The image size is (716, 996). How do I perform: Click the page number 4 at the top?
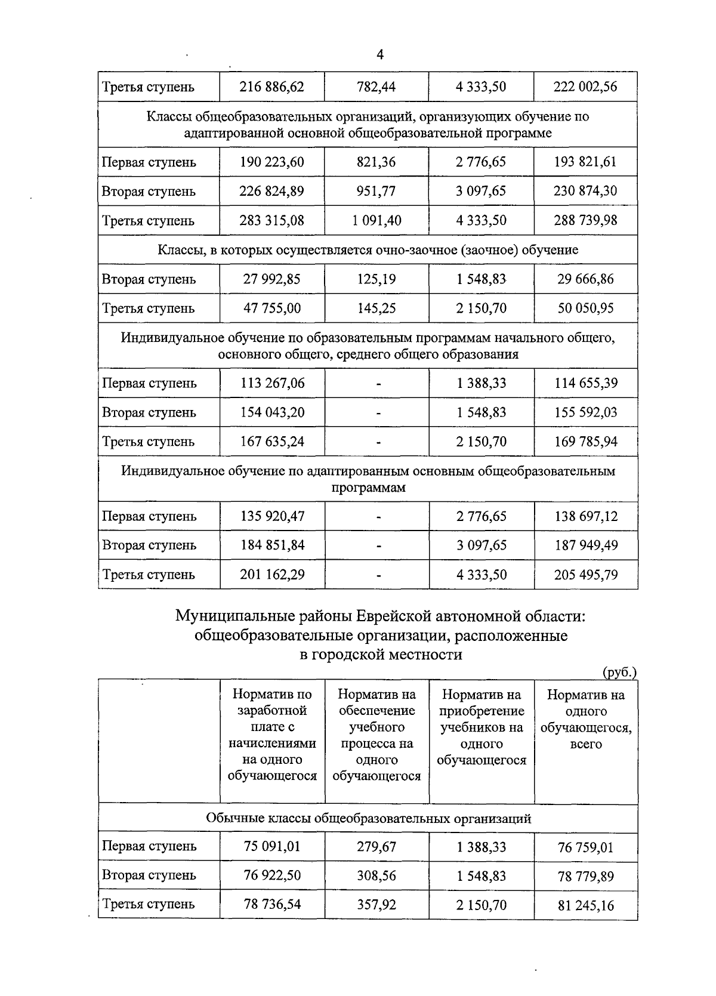tap(380, 55)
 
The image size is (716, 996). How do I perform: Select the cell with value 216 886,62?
tap(271, 87)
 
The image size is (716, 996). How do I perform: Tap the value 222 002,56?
tap(585, 87)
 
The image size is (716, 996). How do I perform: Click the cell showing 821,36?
tap(376, 162)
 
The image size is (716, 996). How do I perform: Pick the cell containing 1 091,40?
tap(376, 221)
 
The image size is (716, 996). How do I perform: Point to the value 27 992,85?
tap(271, 279)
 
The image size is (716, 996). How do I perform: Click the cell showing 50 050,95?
tap(585, 309)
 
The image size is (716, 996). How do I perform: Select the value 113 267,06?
tap(271, 383)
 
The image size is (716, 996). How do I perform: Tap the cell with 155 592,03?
tap(585, 412)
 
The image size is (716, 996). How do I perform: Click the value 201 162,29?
tap(271, 575)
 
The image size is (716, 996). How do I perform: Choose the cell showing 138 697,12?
tap(585, 516)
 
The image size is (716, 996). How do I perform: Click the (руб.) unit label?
tap(619, 672)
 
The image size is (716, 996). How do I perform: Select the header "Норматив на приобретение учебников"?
tap(482, 727)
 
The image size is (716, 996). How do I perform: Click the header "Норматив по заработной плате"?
tap(272, 735)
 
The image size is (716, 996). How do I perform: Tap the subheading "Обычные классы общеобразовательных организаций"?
tap(368, 818)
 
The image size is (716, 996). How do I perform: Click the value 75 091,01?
tap(271, 846)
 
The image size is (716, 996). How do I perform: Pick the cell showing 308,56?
tap(376, 875)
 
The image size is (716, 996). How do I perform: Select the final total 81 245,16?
tap(585, 906)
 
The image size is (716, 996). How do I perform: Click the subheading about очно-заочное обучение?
tap(368, 250)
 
